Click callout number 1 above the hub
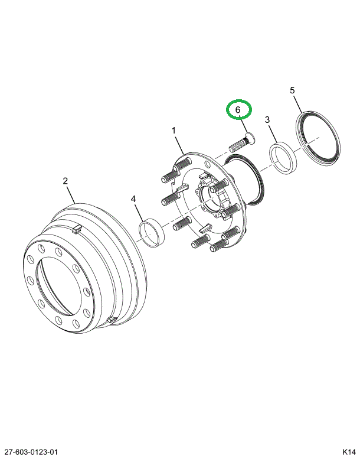(174, 130)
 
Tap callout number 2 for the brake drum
(66, 181)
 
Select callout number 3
(267, 120)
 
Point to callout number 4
(134, 200)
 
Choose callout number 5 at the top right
(292, 90)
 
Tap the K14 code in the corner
(348, 452)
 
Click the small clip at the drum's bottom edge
(110, 320)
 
